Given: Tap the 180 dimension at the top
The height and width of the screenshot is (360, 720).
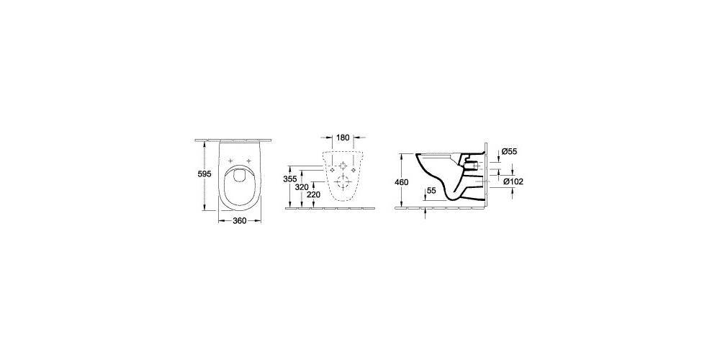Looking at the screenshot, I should click(343, 136).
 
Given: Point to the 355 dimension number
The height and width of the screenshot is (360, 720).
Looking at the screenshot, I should click(291, 178).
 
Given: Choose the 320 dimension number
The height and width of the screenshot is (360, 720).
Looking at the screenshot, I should click(302, 186).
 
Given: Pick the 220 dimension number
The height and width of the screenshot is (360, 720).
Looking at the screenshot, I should click(313, 194).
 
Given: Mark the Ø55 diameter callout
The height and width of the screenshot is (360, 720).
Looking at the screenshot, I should click(510, 151).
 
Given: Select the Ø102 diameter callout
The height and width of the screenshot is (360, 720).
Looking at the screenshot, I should click(513, 182).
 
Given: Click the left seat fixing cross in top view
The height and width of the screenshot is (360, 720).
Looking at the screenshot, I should click(229, 160).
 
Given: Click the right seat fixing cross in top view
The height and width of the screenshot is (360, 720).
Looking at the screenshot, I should click(249, 160).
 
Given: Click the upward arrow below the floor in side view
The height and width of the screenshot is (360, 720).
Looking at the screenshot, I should click(426, 212).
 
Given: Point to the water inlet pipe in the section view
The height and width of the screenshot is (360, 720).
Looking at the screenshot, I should click(474, 165).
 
